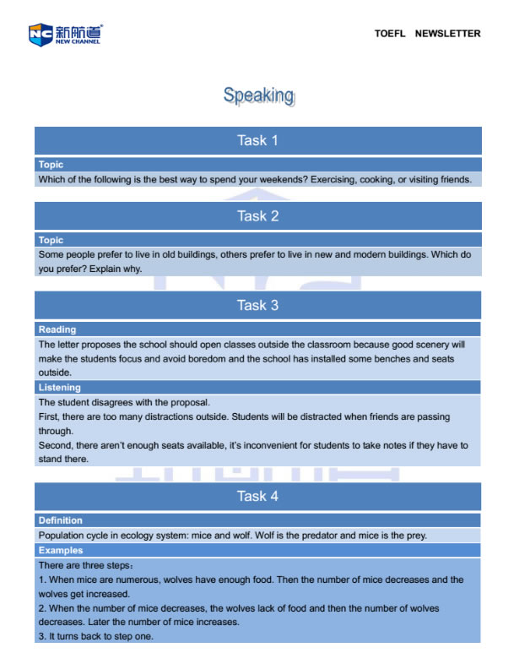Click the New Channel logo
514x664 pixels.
(65, 34)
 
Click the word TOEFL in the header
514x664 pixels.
(390, 34)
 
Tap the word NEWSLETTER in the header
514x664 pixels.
(447, 34)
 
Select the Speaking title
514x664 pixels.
(258, 95)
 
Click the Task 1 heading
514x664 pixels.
(257, 140)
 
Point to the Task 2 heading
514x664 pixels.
(257, 215)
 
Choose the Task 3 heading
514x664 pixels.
(257, 305)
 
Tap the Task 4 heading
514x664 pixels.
(257, 496)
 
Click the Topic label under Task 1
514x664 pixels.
(51, 165)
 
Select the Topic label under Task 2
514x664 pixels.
(51, 240)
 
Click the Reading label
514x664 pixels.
(57, 329)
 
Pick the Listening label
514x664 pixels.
(60, 388)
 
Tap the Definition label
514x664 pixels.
(61, 520)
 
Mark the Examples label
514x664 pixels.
(61, 550)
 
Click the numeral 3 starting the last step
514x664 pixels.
(41, 636)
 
